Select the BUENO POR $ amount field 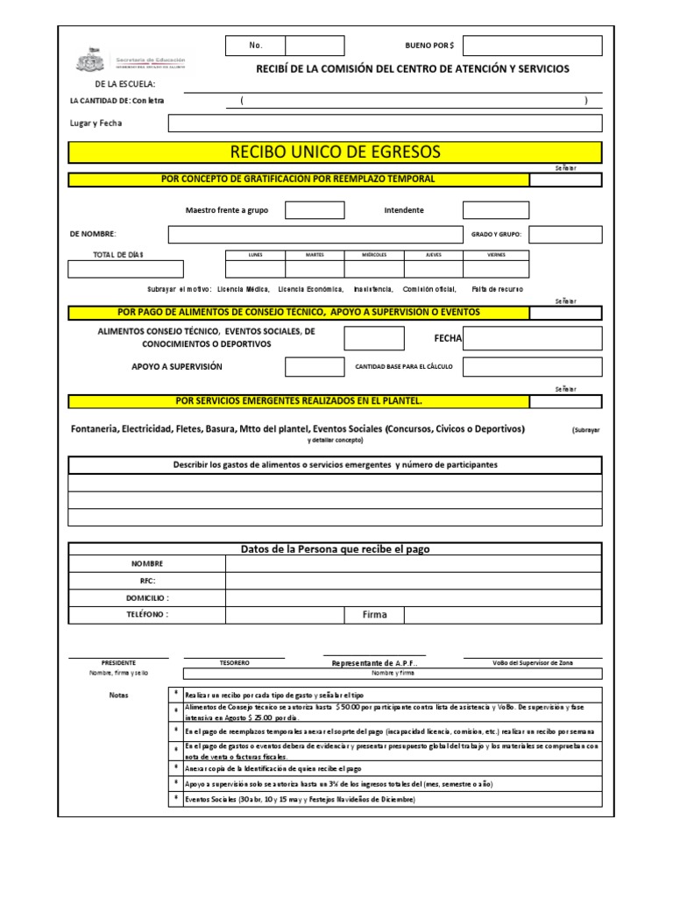pyautogui.click(x=532, y=46)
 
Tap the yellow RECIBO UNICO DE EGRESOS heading pyautogui.click(x=336, y=152)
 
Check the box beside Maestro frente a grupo pyautogui.click(x=315, y=210)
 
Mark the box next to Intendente pyautogui.click(x=495, y=210)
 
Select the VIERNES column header pyautogui.click(x=496, y=254)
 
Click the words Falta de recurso pyautogui.click(x=497, y=288)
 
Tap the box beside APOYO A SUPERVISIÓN pyautogui.click(x=315, y=366)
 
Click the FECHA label pyautogui.click(x=448, y=338)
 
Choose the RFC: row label pyautogui.click(x=146, y=580)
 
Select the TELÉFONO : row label pyautogui.click(x=146, y=614)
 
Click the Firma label pyautogui.click(x=374, y=615)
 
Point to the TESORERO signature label pyautogui.click(x=234, y=663)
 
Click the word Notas pyautogui.click(x=118, y=696)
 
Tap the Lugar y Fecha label pyautogui.click(x=97, y=124)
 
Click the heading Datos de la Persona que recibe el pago pyautogui.click(x=336, y=549)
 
